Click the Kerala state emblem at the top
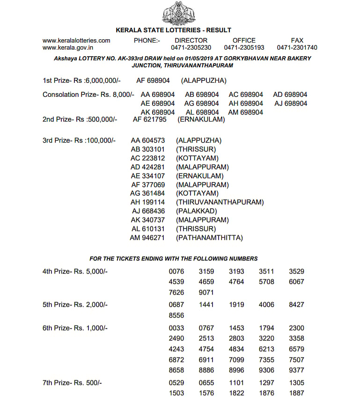click(x=180, y=13)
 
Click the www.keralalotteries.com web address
click(x=76, y=41)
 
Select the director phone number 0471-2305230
click(x=191, y=48)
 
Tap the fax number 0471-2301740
click(x=297, y=48)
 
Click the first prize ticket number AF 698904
click(x=153, y=81)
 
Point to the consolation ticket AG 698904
click(x=202, y=103)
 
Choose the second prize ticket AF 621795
click(x=149, y=119)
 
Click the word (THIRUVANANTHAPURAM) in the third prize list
click(x=220, y=202)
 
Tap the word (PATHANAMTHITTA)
click(x=209, y=238)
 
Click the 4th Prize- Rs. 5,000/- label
click(x=75, y=271)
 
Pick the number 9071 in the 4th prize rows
click(x=206, y=293)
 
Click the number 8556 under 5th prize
click(x=176, y=316)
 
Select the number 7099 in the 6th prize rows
click(x=236, y=360)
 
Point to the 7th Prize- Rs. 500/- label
click(x=72, y=383)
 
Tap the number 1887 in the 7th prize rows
click(x=296, y=393)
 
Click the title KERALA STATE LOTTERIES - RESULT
click(x=180, y=30)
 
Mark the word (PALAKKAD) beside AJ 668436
click(x=196, y=211)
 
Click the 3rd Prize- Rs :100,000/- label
click(x=79, y=140)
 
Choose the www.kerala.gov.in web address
click(x=67, y=48)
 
